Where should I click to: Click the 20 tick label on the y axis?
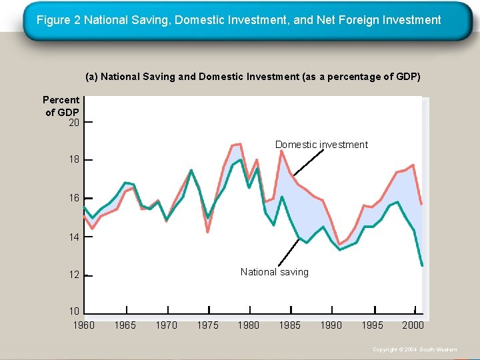point(73,123)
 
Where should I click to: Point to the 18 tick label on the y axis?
point(73,160)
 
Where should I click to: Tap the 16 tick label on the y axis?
point(73,199)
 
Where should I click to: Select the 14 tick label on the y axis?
point(73,237)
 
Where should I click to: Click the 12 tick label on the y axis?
point(73,275)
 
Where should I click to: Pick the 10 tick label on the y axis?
point(73,311)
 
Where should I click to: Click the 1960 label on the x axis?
point(83,325)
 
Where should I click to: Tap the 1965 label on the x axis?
point(125,325)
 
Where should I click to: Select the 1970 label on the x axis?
point(166,325)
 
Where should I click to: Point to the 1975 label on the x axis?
point(208,325)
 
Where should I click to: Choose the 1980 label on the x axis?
point(249,325)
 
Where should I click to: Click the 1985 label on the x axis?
point(289,325)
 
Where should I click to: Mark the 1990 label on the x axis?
point(331,325)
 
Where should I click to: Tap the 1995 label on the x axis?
point(372,325)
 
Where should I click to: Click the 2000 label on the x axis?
point(413,325)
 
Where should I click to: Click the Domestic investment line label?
point(321,145)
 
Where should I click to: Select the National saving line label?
point(274,272)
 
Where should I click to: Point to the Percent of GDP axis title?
point(61,106)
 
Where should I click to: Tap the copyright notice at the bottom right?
point(415,349)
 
